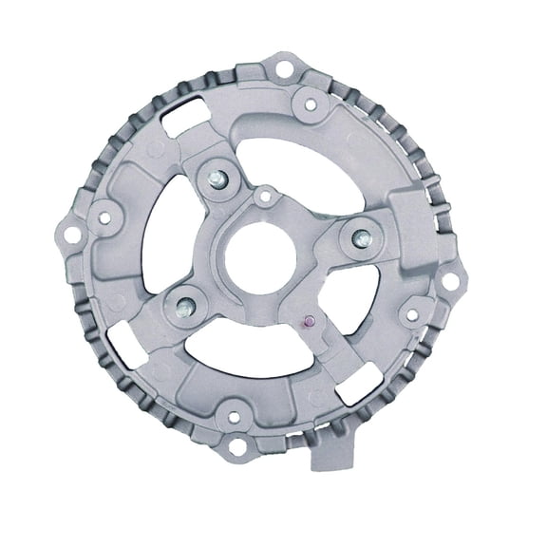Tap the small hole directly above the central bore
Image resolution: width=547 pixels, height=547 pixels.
click(x=265, y=197)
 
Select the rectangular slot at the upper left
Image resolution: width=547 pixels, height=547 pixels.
click(x=179, y=122)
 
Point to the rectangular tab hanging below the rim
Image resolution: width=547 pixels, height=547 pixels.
click(x=331, y=455)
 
